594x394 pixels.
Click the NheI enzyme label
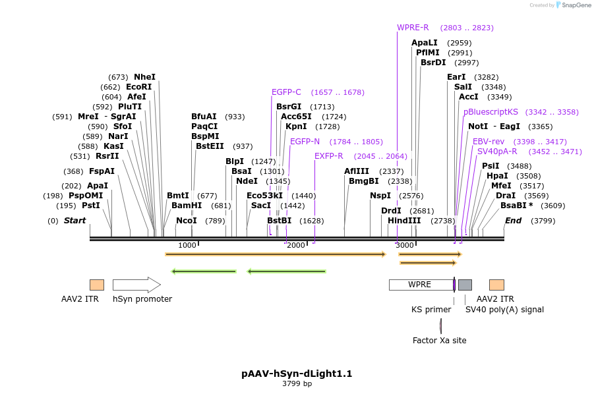tap(144, 77)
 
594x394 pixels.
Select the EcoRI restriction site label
tap(138, 87)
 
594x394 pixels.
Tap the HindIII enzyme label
tap(404, 221)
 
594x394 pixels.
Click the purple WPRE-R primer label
tap(413, 28)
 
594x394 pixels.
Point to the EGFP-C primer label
tap(286, 92)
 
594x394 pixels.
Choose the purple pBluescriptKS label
tap(490, 112)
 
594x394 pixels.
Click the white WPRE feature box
tap(420, 285)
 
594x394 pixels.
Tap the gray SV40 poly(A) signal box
tap(465, 285)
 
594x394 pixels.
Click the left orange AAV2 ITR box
tap(97, 285)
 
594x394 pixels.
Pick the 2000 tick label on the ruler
tap(296, 245)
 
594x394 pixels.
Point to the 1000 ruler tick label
tap(187, 245)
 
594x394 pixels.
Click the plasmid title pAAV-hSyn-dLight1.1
tap(297, 374)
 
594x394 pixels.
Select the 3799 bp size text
tap(297, 383)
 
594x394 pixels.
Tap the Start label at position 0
tap(74, 221)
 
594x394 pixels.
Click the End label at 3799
tap(513, 221)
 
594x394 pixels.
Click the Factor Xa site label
tap(439, 341)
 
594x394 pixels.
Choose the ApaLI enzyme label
tap(425, 43)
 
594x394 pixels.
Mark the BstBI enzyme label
tap(279, 221)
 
